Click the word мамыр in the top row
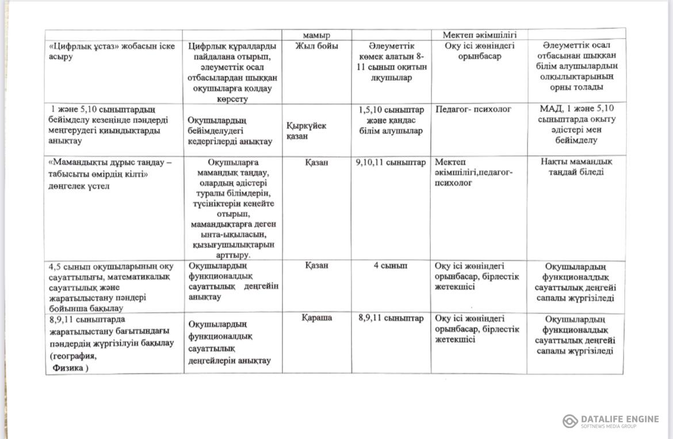(x=316, y=34)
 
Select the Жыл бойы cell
(x=316, y=46)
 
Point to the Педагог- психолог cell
(x=473, y=109)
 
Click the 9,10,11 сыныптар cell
(x=391, y=163)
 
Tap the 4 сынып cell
(x=391, y=265)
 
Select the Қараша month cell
(x=316, y=318)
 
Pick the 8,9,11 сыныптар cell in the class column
(x=391, y=318)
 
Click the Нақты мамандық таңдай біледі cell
(x=576, y=167)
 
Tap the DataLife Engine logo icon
(x=570, y=421)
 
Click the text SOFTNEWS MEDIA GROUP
(x=608, y=426)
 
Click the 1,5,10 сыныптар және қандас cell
(x=391, y=120)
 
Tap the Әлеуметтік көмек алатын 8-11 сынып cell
(x=391, y=61)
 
